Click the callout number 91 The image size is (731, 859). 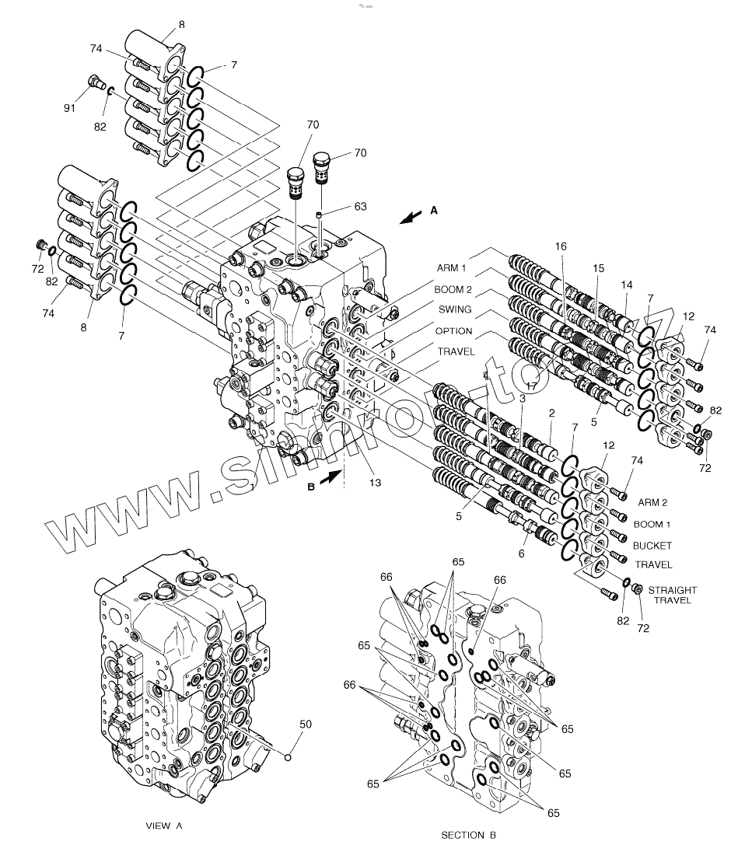click(69, 108)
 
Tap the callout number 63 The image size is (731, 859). click(360, 206)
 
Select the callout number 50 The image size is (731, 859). click(306, 724)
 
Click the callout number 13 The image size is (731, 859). click(375, 483)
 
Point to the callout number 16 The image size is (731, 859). click(561, 246)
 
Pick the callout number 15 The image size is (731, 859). click(598, 267)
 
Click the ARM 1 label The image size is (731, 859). click(452, 269)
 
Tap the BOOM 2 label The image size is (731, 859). click(452, 289)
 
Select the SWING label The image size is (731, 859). click(453, 310)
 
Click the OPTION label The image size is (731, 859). click(453, 331)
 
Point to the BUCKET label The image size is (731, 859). click(652, 546)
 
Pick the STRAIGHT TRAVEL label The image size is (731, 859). click(673, 595)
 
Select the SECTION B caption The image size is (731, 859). click(468, 835)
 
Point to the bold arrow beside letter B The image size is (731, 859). click(329, 480)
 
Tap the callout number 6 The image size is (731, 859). click(522, 553)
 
